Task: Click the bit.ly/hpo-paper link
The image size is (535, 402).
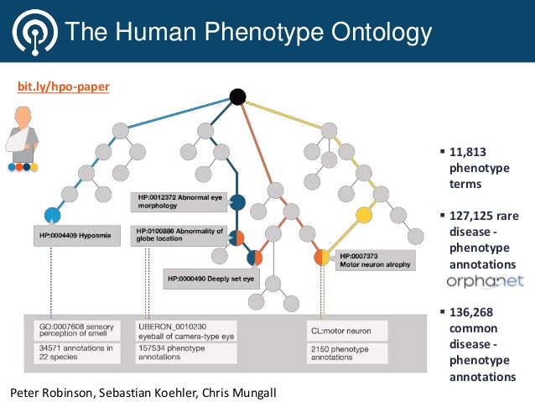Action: tap(64, 86)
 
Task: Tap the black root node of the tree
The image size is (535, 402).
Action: tap(237, 97)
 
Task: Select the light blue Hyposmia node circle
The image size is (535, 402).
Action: tap(53, 214)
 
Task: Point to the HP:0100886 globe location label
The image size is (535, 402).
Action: tap(179, 235)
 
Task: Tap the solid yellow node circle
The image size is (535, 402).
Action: tap(364, 215)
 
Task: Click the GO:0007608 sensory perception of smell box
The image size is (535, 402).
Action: tap(77, 330)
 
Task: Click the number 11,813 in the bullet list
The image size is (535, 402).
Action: tap(468, 153)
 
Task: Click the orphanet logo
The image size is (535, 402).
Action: tap(485, 281)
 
